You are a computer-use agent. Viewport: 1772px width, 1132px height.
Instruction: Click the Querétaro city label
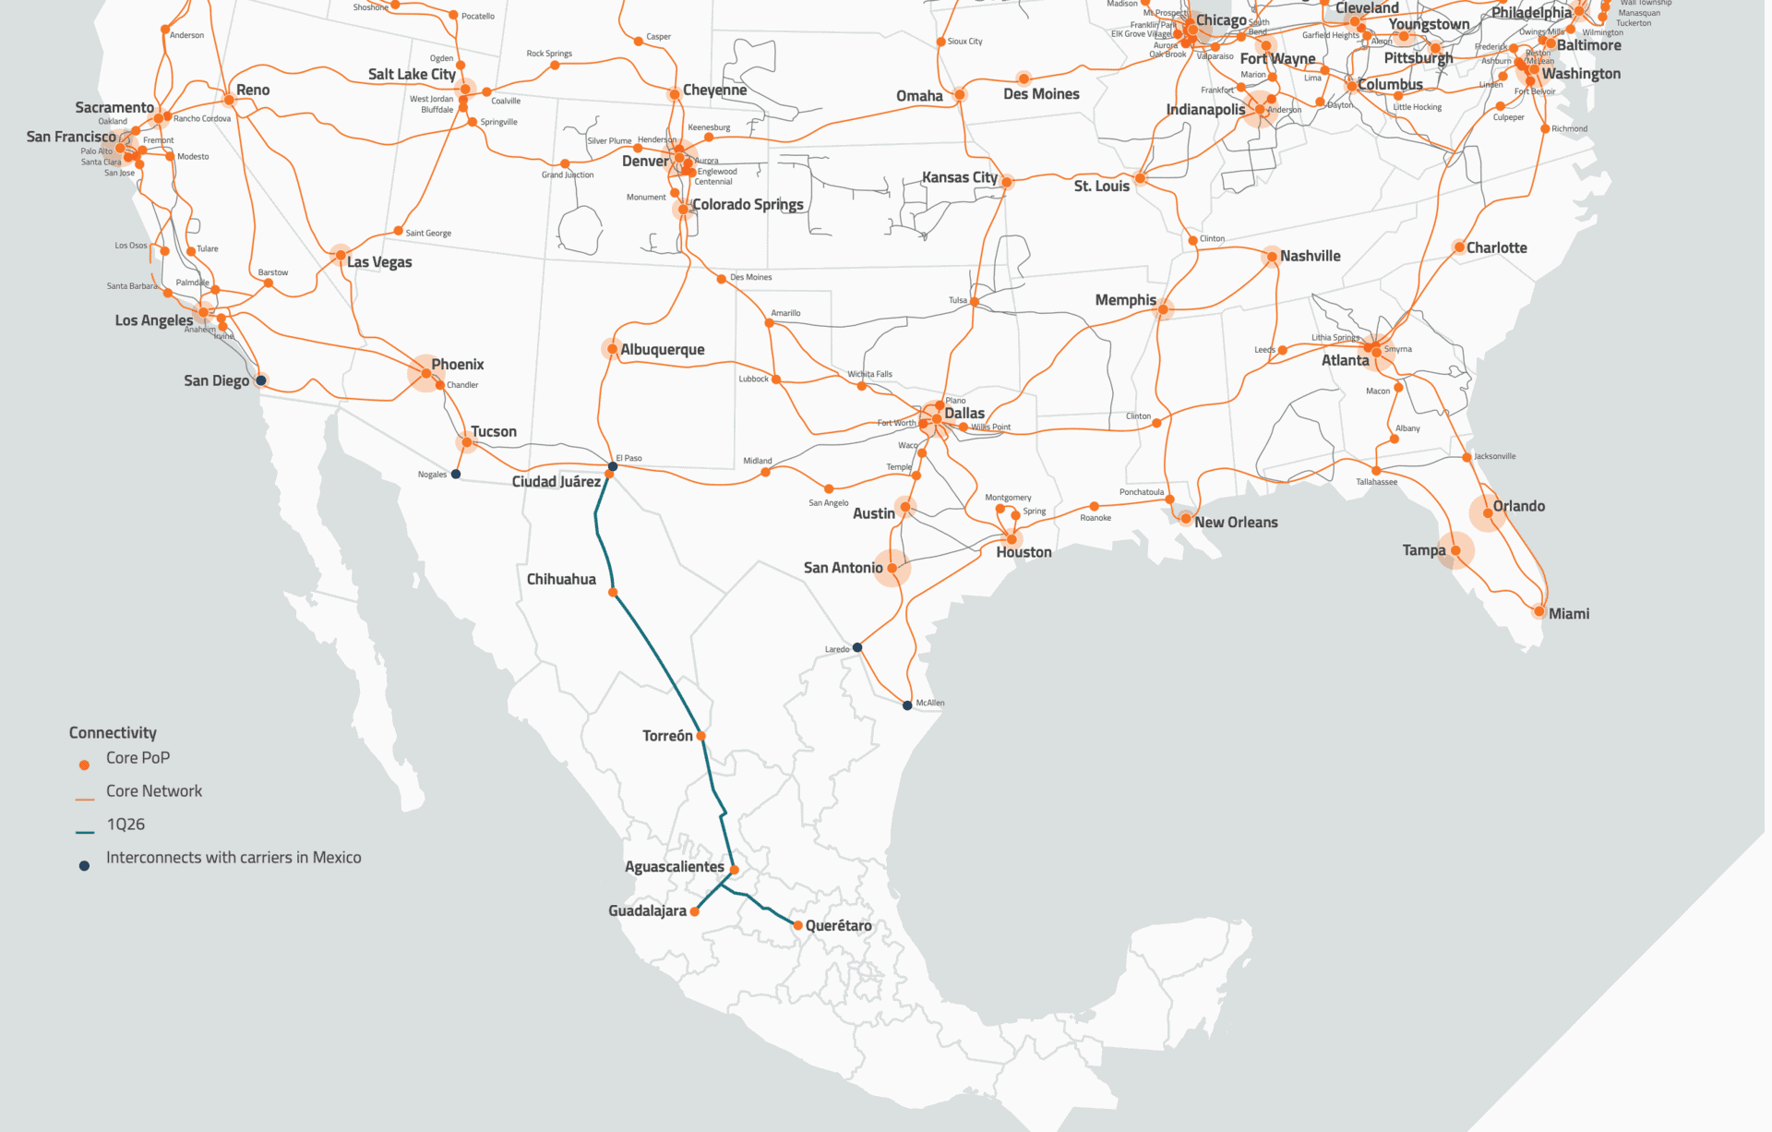[x=838, y=925]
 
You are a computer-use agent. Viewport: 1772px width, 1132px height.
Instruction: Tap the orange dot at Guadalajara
[x=695, y=911]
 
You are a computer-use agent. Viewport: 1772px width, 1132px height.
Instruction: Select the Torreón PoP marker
[x=701, y=736]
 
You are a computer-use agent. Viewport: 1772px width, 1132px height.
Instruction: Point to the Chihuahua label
[x=561, y=579]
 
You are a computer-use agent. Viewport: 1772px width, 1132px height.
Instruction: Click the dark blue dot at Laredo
[x=857, y=647]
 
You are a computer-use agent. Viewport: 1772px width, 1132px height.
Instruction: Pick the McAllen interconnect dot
[x=907, y=705]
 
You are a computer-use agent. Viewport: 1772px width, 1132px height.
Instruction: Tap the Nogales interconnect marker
[x=456, y=475]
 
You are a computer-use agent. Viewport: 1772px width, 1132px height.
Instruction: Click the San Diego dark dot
[x=261, y=380]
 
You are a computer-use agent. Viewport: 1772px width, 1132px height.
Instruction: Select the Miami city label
[x=1569, y=613]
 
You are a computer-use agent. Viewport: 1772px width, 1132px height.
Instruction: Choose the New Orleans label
[x=1236, y=522]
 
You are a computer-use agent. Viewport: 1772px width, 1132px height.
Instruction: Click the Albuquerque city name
[x=662, y=349]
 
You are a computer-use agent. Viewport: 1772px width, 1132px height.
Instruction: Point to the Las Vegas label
[x=379, y=262]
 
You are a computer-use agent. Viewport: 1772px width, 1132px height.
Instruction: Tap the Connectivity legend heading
[x=113, y=732]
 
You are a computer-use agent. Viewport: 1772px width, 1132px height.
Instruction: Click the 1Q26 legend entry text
[x=126, y=825]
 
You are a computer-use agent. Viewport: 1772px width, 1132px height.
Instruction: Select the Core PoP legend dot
[x=84, y=765]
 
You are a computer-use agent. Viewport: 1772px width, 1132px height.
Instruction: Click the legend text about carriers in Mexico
[x=233, y=858]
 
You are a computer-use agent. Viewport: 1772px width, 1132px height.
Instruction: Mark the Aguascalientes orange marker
[x=735, y=870]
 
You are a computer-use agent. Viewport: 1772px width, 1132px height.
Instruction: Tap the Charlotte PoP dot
[x=1459, y=247]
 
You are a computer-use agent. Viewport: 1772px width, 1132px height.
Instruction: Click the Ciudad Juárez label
[x=557, y=481]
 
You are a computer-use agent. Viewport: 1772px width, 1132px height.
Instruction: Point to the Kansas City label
[x=960, y=176]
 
